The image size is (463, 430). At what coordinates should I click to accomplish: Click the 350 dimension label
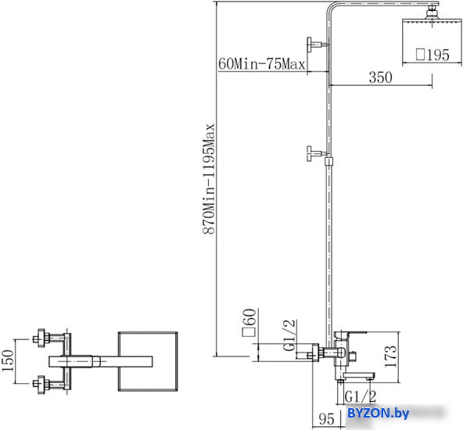click(381, 77)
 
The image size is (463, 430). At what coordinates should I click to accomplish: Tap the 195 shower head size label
click(432, 55)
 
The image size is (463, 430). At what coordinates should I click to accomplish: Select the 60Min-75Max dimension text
click(262, 64)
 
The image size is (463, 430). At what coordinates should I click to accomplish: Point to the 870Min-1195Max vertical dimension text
click(209, 179)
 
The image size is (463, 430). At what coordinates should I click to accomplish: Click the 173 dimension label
click(390, 357)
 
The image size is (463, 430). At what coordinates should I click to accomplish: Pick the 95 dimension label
click(326, 419)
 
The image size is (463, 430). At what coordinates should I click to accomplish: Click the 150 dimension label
click(8, 361)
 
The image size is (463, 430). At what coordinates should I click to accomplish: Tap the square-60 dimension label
click(249, 322)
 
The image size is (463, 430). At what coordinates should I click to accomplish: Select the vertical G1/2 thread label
click(289, 335)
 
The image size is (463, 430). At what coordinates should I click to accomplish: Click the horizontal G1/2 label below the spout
click(361, 396)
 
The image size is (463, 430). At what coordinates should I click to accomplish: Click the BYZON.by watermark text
click(379, 413)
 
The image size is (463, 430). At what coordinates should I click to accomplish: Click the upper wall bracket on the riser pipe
click(318, 45)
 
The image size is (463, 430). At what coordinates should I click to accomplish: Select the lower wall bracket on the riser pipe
click(317, 153)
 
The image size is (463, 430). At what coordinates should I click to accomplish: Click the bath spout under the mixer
click(359, 376)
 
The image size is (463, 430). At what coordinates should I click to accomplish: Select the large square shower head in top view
click(148, 361)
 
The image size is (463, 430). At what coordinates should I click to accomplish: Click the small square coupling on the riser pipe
click(328, 161)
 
